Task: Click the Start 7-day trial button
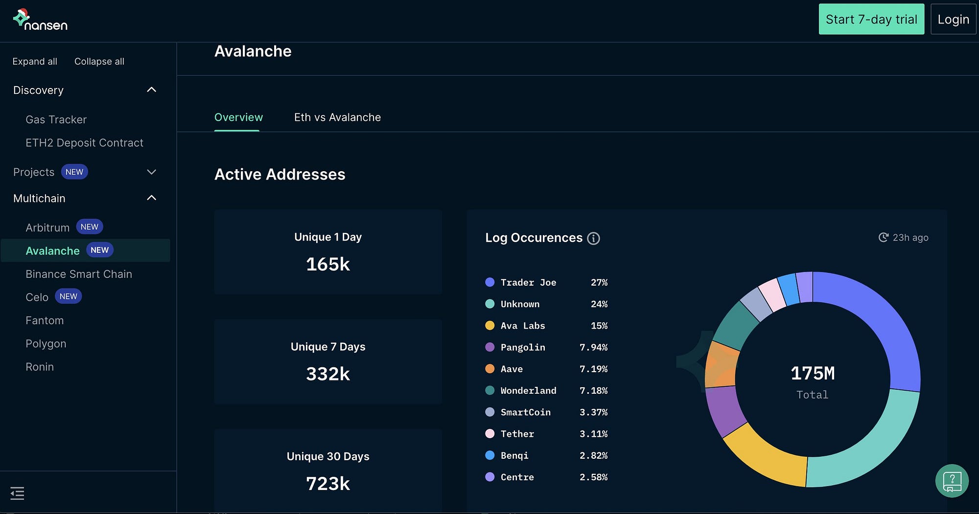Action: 871,19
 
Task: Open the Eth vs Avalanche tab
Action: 337,117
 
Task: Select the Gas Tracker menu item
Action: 56,120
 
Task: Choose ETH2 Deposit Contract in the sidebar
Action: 84,143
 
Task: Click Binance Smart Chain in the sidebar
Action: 79,274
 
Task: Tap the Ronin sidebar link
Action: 40,367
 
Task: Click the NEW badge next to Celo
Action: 68,296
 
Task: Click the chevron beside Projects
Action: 152,172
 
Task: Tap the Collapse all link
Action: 99,62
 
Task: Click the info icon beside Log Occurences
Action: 593,238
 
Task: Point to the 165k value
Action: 327,265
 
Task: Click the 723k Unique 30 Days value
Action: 327,484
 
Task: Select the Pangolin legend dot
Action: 489,347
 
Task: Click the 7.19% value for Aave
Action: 593,369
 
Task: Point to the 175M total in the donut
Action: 813,374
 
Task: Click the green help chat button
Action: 952,481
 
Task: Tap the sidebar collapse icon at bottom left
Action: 17,493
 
